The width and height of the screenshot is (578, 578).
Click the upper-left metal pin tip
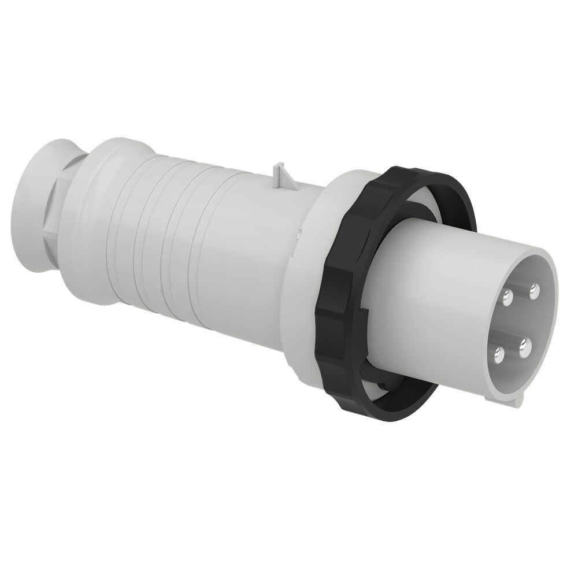pos(508,297)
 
